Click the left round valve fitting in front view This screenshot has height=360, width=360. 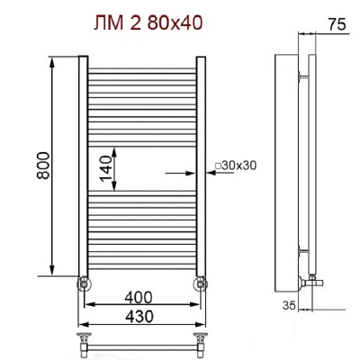tap(84, 283)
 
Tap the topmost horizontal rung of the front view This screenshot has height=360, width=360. tap(140, 68)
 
